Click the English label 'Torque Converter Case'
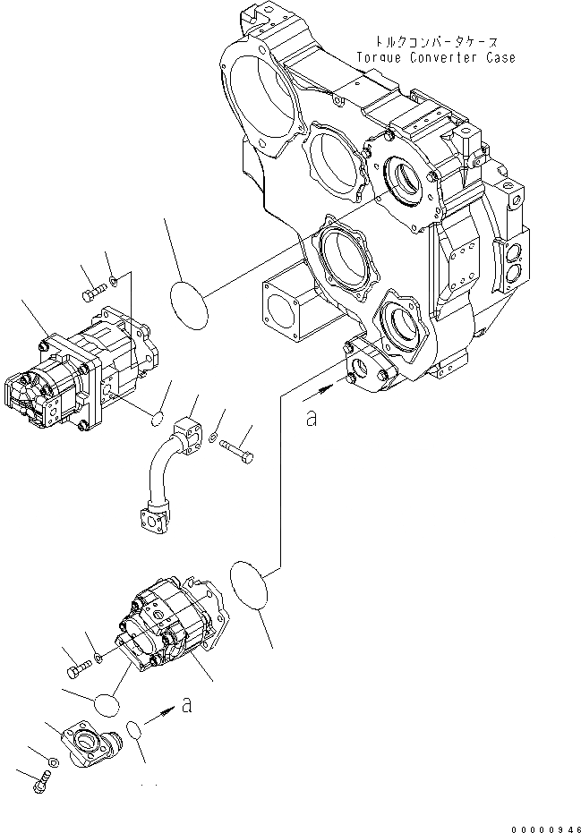435,58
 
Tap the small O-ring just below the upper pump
156,417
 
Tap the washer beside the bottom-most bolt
52,761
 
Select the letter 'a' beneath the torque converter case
311,418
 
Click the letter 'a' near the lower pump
186,706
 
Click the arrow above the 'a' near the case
320,392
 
